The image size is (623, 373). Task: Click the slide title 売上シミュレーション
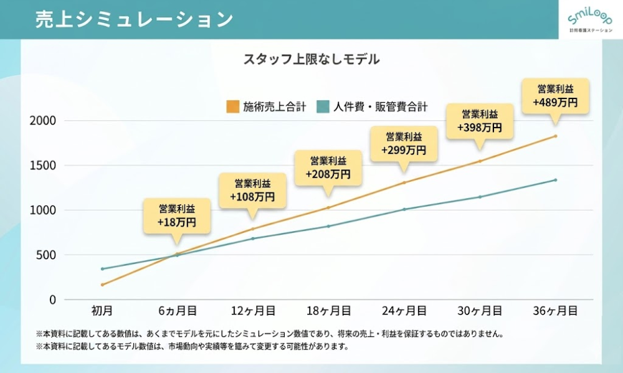134,19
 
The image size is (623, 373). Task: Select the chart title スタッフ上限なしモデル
311,60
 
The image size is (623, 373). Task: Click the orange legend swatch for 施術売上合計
233,106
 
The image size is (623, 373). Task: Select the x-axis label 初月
102,309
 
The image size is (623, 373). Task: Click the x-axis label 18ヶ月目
328,309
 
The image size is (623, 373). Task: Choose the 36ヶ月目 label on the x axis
555,309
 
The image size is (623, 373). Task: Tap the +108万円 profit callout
252,191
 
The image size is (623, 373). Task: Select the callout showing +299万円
404,144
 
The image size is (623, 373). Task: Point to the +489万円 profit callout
555,96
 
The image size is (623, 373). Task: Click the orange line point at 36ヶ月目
555,136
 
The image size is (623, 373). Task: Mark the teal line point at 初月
102,269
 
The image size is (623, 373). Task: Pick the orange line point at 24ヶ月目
404,182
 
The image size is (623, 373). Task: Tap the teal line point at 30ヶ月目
480,197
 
